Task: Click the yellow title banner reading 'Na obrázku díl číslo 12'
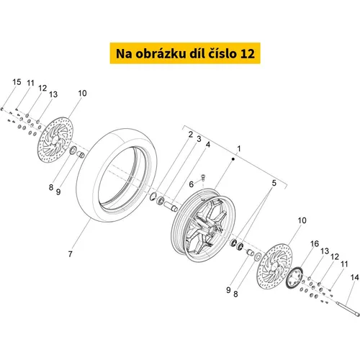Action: pos(185,53)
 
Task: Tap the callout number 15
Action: pos(17,82)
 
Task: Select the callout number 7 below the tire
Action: pos(70,254)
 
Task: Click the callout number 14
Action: pos(354,277)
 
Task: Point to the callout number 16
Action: pos(315,244)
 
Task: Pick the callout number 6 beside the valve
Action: pos(191,184)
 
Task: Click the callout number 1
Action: pos(239,149)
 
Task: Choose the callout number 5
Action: pos(274,183)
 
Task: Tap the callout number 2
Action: pos(191,135)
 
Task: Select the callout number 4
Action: pos(208,145)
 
